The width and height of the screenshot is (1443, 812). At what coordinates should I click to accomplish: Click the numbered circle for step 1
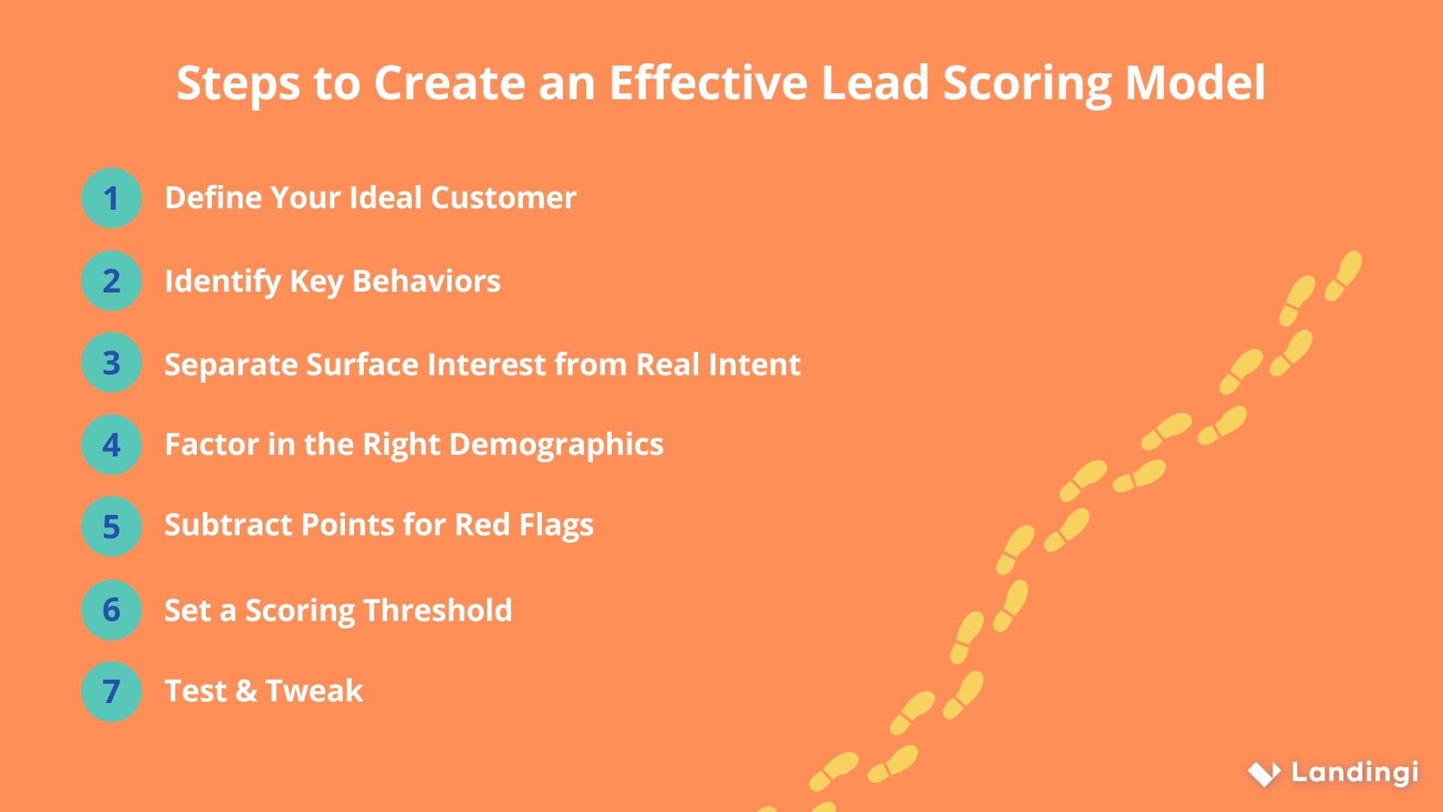pyautogui.click(x=111, y=198)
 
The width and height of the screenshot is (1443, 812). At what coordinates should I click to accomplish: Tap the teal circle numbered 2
pyautogui.click(x=111, y=280)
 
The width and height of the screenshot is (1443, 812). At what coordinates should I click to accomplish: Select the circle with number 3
pyautogui.click(x=111, y=362)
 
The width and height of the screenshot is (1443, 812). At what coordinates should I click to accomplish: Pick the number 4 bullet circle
pyautogui.click(x=111, y=444)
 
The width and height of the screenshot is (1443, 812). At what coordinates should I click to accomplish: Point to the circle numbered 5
pyautogui.click(x=111, y=526)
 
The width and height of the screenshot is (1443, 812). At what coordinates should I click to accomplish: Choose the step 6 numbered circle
pyautogui.click(x=111, y=609)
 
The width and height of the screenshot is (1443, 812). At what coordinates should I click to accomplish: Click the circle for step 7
pyautogui.click(x=111, y=691)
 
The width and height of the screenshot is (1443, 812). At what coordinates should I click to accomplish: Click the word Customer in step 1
pyautogui.click(x=503, y=198)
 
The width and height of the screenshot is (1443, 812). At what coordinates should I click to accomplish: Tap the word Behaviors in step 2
pyautogui.click(x=426, y=281)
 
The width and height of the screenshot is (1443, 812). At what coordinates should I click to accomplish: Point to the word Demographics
pyautogui.click(x=556, y=445)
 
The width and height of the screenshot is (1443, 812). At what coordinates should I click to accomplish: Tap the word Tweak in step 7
pyautogui.click(x=314, y=691)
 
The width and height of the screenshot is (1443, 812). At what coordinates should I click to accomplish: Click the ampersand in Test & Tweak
pyautogui.click(x=246, y=691)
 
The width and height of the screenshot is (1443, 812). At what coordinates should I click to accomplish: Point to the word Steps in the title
pyautogui.click(x=237, y=84)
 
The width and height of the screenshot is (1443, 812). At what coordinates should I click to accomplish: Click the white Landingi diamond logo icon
pyautogui.click(x=1264, y=773)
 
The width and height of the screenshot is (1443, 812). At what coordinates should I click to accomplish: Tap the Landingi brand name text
pyautogui.click(x=1354, y=772)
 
